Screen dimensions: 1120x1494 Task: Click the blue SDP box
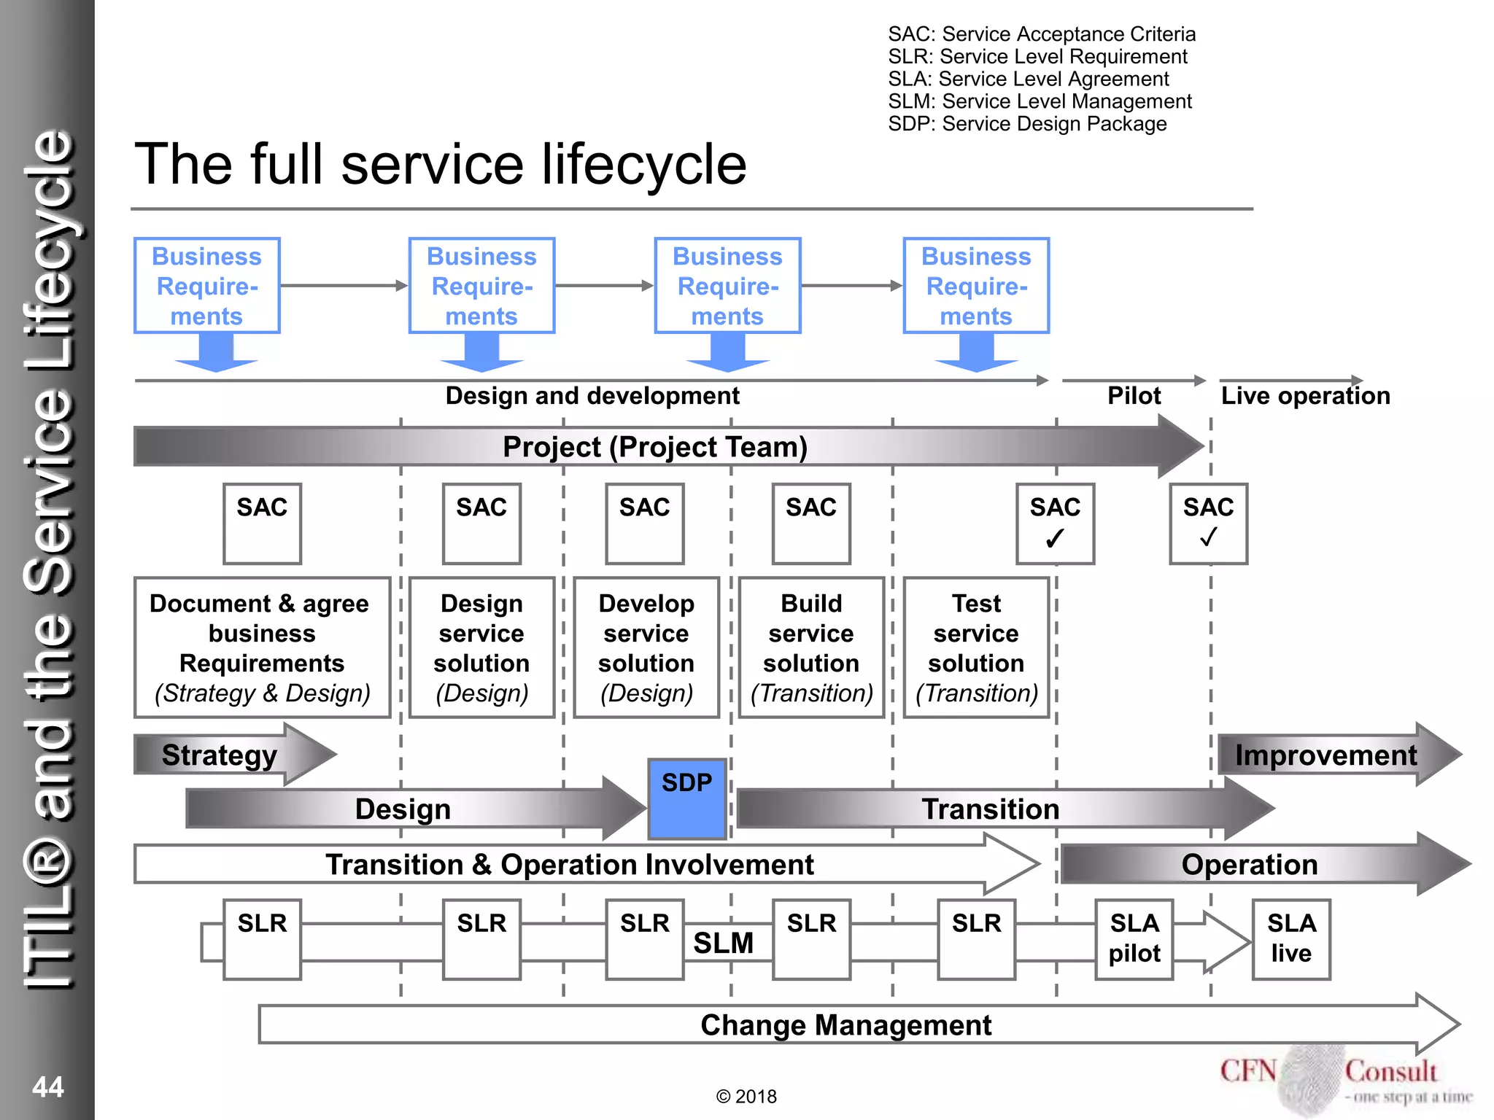point(686,799)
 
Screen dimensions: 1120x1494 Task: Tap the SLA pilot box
point(1134,939)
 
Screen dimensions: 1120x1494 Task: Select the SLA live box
point(1290,939)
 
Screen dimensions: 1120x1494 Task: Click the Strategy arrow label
point(220,755)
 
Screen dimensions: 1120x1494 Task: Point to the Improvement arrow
point(1325,755)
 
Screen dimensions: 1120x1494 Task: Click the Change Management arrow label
point(845,1025)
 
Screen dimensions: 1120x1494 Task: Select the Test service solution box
point(976,647)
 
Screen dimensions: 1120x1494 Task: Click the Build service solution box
point(811,647)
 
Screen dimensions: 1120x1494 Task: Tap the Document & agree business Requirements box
point(262,647)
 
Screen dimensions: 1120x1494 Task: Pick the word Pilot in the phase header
point(1134,396)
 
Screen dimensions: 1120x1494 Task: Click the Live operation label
point(1305,396)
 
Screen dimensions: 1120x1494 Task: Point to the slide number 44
point(48,1087)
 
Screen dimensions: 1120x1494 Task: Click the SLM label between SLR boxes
point(723,944)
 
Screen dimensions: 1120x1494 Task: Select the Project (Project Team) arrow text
point(654,447)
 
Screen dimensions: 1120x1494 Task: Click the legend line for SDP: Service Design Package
point(1027,124)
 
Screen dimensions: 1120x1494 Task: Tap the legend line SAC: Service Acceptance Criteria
point(1042,34)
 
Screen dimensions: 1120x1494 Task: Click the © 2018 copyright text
point(746,1097)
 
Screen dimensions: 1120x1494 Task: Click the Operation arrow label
point(1249,865)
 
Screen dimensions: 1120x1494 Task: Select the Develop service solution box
point(646,647)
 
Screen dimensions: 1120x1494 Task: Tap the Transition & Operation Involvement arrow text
point(569,865)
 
